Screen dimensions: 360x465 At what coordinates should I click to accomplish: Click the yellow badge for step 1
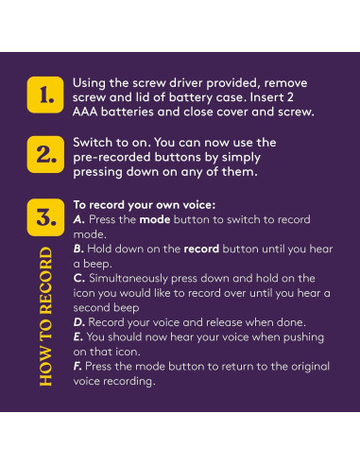(x=45, y=95)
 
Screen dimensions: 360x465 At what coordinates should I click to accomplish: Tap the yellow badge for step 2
(x=45, y=155)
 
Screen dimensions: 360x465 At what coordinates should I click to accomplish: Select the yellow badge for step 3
(x=45, y=217)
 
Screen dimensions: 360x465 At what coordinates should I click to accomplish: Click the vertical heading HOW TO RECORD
(x=46, y=317)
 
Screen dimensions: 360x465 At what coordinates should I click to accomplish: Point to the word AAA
(x=85, y=112)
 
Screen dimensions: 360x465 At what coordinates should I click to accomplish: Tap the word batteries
(x=128, y=112)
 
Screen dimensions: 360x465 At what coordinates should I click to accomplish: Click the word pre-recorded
(x=111, y=158)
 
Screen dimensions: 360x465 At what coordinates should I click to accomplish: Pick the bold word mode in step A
(x=155, y=219)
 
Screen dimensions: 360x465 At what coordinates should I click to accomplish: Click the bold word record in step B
(x=201, y=250)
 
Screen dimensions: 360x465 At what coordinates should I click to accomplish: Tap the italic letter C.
(x=78, y=279)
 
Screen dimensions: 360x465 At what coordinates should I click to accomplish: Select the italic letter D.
(x=79, y=322)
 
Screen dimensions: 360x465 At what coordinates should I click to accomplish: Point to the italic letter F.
(x=77, y=367)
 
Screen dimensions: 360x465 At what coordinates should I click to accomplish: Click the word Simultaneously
(x=129, y=279)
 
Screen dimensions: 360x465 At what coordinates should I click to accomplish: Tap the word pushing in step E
(x=303, y=337)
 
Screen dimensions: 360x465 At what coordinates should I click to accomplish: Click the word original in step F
(x=310, y=367)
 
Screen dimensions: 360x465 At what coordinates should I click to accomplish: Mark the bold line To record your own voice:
(x=145, y=205)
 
